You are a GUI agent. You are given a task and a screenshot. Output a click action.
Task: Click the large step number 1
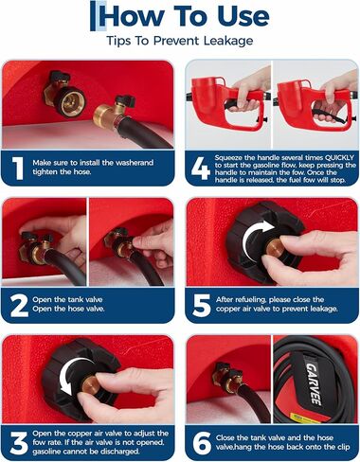pos(18,169)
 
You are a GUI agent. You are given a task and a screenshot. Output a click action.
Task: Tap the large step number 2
pos(19,305)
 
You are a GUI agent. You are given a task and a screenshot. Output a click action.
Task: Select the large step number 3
pos(19,443)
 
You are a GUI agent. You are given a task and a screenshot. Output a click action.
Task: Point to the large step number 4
pos(201,169)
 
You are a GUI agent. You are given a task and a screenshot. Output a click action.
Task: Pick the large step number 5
pos(202,305)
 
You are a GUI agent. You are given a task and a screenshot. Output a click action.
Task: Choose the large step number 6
pos(202,443)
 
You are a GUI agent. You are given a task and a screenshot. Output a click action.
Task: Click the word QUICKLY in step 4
pos(339,158)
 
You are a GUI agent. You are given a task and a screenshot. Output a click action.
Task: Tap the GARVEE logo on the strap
pos(313,383)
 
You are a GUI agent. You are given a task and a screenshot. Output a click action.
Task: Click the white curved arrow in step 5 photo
pos(256,239)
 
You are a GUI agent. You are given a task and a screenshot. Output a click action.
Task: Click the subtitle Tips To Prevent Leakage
pos(179,41)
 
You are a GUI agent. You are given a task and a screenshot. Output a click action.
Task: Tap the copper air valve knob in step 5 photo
pos(274,248)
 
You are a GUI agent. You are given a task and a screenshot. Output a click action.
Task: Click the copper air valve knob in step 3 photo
pos(91,383)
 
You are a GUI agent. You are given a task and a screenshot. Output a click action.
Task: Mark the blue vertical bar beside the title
pos(92,16)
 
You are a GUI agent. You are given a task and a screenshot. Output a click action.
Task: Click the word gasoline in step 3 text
pos(46,452)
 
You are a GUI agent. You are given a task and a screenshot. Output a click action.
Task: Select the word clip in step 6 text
pos(343,447)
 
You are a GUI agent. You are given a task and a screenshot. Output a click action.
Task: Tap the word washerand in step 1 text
pos(135,163)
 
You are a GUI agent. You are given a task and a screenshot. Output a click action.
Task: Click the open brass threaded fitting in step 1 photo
pos(69,101)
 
